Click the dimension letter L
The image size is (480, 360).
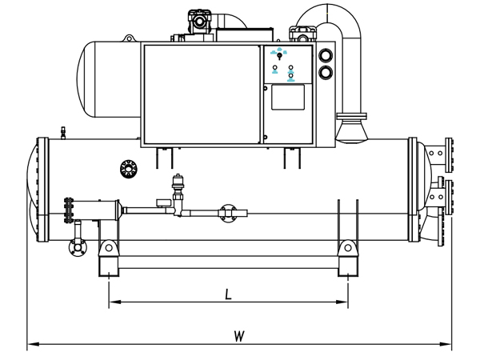point(228,294)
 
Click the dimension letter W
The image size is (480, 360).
point(239,336)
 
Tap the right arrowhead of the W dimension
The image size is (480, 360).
point(446,344)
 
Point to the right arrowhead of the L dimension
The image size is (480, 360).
point(342,302)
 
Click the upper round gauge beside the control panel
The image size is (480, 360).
point(326,56)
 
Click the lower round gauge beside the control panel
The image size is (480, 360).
point(326,73)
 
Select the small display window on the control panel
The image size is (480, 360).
point(288,97)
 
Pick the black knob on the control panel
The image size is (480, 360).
point(279,56)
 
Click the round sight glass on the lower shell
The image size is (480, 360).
point(129,169)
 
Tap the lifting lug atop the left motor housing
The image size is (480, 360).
point(129,38)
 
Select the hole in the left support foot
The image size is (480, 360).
point(109,248)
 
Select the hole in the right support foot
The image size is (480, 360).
point(348,248)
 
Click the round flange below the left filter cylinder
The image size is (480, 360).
point(78,247)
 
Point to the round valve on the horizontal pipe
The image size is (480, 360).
point(228,214)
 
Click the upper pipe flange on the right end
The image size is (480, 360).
point(449,155)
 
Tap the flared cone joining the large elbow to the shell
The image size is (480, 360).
point(352,131)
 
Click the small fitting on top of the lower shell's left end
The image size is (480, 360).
point(63,133)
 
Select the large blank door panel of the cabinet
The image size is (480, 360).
point(202,94)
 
